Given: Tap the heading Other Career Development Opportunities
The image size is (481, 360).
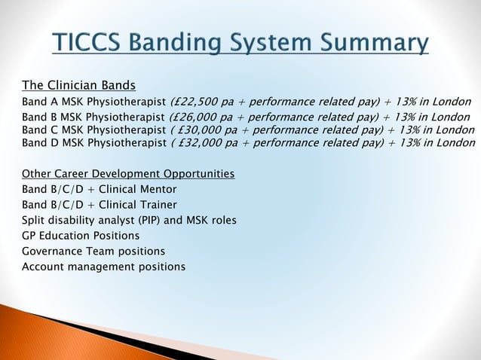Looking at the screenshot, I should click(x=127, y=174).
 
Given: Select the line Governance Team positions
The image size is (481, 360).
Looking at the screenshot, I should click(x=93, y=251).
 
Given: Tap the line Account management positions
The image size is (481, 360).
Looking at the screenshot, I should click(x=103, y=267).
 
